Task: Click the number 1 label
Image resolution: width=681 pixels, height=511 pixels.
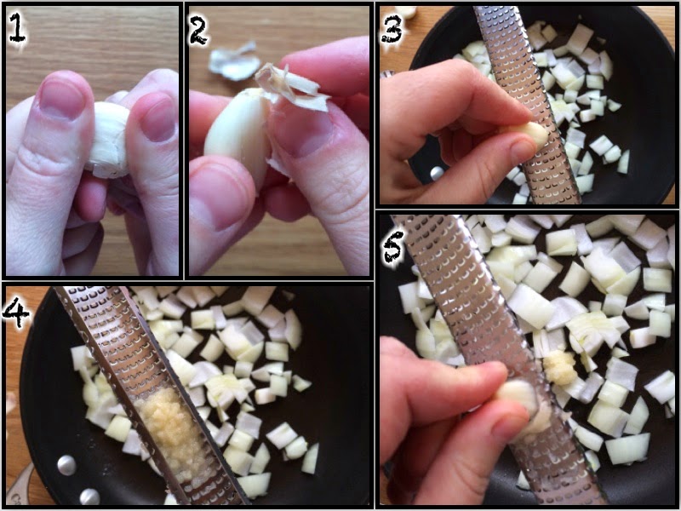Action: point(17,27)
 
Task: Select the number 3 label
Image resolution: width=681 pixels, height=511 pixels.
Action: point(392,28)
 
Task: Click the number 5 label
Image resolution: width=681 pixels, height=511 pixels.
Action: point(394,248)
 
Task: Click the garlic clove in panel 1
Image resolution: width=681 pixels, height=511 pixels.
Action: point(110,140)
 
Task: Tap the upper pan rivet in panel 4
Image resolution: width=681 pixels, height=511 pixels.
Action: point(67,464)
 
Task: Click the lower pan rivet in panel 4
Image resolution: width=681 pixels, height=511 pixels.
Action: point(89,497)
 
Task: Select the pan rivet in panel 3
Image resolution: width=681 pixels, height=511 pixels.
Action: point(437,173)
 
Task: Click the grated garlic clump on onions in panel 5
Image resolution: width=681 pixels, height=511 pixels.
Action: point(560,368)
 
